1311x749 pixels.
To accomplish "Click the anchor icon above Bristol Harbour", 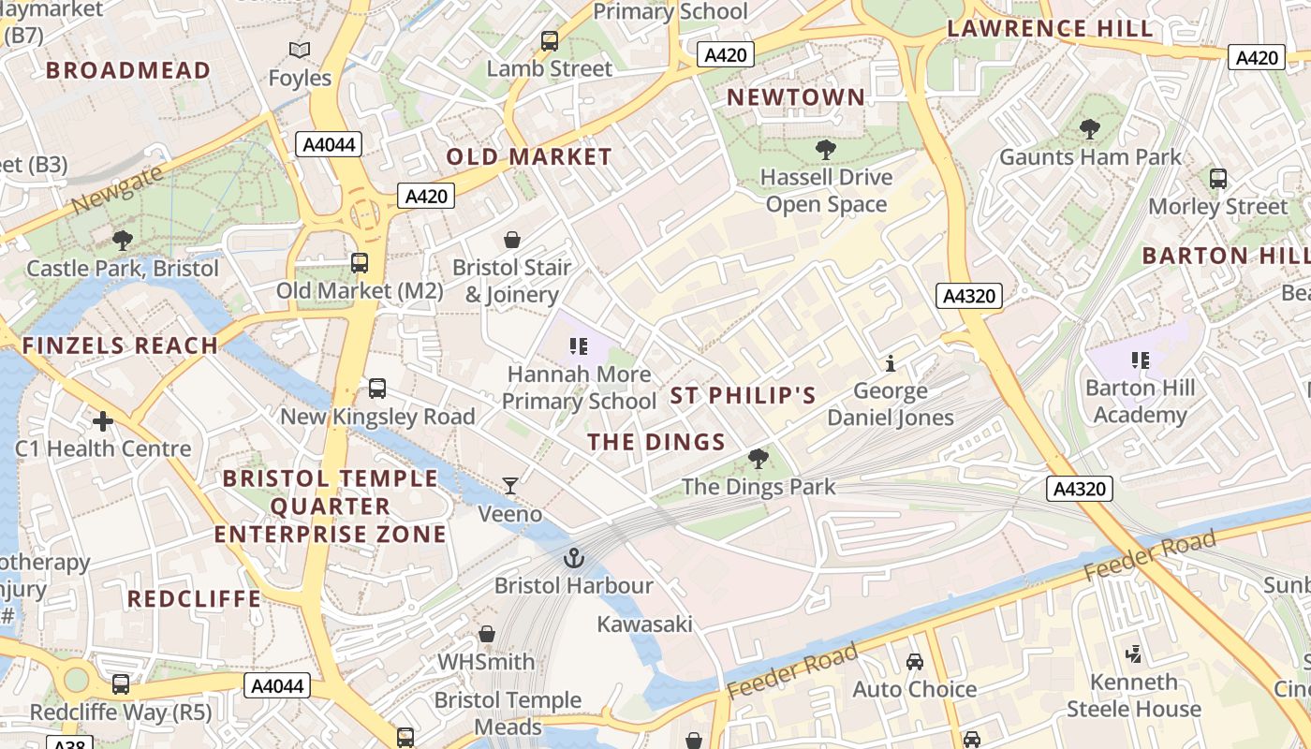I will tap(573, 559).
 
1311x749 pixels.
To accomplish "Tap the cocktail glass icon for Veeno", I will tap(510, 485).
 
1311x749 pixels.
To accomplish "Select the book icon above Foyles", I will tap(300, 51).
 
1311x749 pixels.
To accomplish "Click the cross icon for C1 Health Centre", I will tap(103, 421).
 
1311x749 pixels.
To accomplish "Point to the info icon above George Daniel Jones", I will tap(891, 363).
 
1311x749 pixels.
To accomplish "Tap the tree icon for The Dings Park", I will tap(759, 459).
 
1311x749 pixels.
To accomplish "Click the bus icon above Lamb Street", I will tap(550, 41).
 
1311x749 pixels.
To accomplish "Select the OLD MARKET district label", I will tap(529, 156).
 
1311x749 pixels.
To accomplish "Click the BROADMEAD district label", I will tap(128, 70).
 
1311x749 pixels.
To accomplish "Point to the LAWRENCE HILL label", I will tap(1050, 28).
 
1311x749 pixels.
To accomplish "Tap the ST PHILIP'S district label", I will tap(744, 395).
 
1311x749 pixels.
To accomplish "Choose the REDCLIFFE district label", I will tap(195, 599).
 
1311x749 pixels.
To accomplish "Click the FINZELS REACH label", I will tap(120, 345).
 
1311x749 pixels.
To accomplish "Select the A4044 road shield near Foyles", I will tap(328, 144).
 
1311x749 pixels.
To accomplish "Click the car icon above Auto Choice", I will tap(915, 662).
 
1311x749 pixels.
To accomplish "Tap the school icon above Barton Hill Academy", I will tap(1141, 360).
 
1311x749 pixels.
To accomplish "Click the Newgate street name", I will tap(117, 189).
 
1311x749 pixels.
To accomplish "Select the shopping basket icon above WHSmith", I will tap(487, 635).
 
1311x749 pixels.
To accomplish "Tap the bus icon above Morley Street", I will tap(1218, 179).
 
